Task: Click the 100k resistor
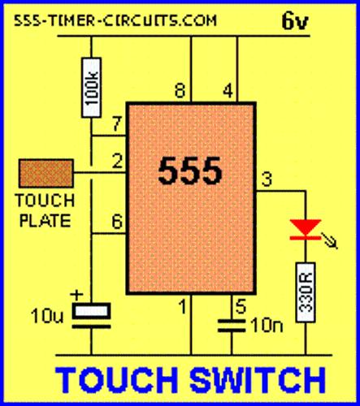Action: coord(92,88)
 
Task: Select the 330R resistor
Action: coord(306,292)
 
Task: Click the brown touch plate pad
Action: coord(46,173)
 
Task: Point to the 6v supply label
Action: coord(295,21)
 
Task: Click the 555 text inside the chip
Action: coord(190,171)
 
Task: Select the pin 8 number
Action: coord(180,91)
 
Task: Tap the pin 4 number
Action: coord(228,91)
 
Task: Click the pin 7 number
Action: coord(117,123)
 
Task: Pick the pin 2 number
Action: coord(117,162)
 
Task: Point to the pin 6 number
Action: coord(117,222)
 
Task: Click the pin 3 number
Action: coord(267,179)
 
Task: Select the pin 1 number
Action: coord(183,307)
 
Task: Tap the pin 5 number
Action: coord(241,306)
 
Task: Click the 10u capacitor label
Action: coord(47,316)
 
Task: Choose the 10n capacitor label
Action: coord(267,325)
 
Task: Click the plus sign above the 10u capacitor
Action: coord(76,295)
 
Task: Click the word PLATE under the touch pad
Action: coord(46,221)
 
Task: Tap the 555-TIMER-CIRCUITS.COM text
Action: coord(115,20)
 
